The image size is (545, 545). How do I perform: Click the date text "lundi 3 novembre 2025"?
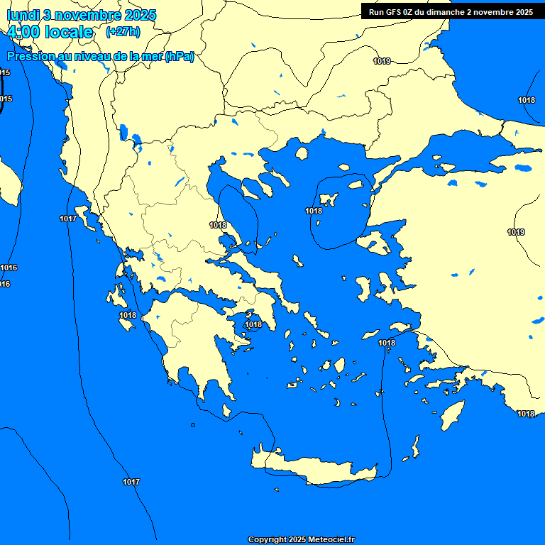82,15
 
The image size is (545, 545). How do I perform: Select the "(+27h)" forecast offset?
123,32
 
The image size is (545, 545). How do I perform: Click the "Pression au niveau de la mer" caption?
100,57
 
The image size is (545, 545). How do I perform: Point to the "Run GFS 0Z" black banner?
451,11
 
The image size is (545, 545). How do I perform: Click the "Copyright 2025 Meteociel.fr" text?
301,539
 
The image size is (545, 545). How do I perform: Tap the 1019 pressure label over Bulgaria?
382,61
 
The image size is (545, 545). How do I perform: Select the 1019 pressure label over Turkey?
516,232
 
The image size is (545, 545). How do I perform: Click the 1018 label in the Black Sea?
527,100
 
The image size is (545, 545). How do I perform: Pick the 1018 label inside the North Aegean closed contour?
314,211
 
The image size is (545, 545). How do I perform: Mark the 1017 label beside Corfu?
68,219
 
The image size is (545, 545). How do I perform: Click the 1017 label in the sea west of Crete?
131,482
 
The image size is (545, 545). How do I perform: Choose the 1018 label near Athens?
253,324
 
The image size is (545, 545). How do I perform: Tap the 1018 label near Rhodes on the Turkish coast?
526,414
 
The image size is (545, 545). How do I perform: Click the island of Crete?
319,468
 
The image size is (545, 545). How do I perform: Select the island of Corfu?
90,221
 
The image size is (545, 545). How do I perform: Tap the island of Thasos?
302,153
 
